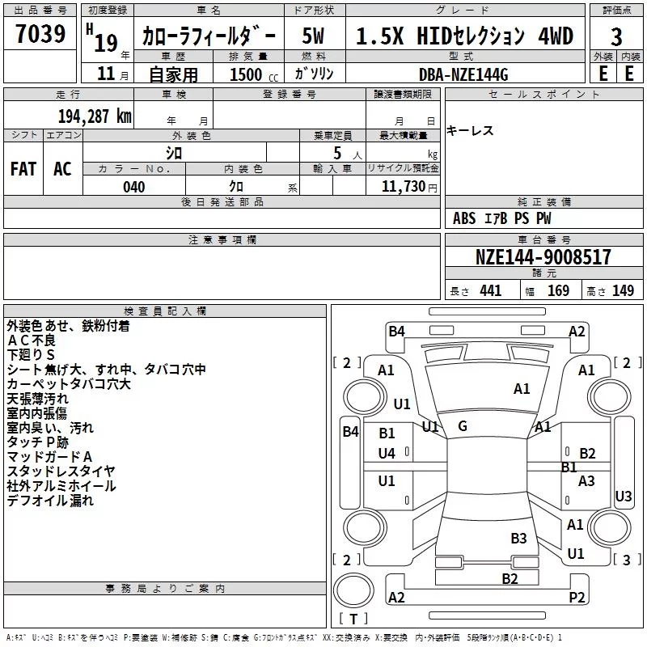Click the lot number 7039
(40, 33)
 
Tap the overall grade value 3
(616, 36)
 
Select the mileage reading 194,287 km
(95, 116)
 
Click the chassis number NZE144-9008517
(543, 256)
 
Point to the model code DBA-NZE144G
(463, 74)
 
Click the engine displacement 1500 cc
(254, 74)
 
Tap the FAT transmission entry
(23, 169)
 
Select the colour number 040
(134, 187)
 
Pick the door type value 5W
(313, 36)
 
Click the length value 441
(491, 290)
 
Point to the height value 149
(623, 290)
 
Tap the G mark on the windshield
(463, 426)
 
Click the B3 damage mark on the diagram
(518, 538)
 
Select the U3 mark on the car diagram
(623, 496)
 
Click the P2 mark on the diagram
(577, 597)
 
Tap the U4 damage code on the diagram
(387, 454)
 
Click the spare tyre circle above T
(353, 590)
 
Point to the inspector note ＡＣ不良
(32, 340)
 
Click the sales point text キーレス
(470, 131)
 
